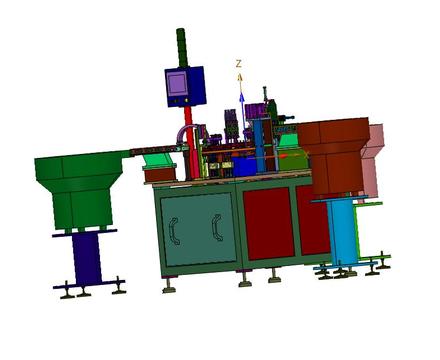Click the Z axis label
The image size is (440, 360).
(x=239, y=63)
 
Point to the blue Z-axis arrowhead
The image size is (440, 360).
(x=242, y=96)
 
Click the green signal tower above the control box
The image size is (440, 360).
(x=182, y=48)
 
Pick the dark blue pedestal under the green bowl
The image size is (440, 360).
(x=87, y=257)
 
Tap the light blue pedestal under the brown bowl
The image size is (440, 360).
(x=341, y=230)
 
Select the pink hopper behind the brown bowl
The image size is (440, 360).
(x=373, y=160)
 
